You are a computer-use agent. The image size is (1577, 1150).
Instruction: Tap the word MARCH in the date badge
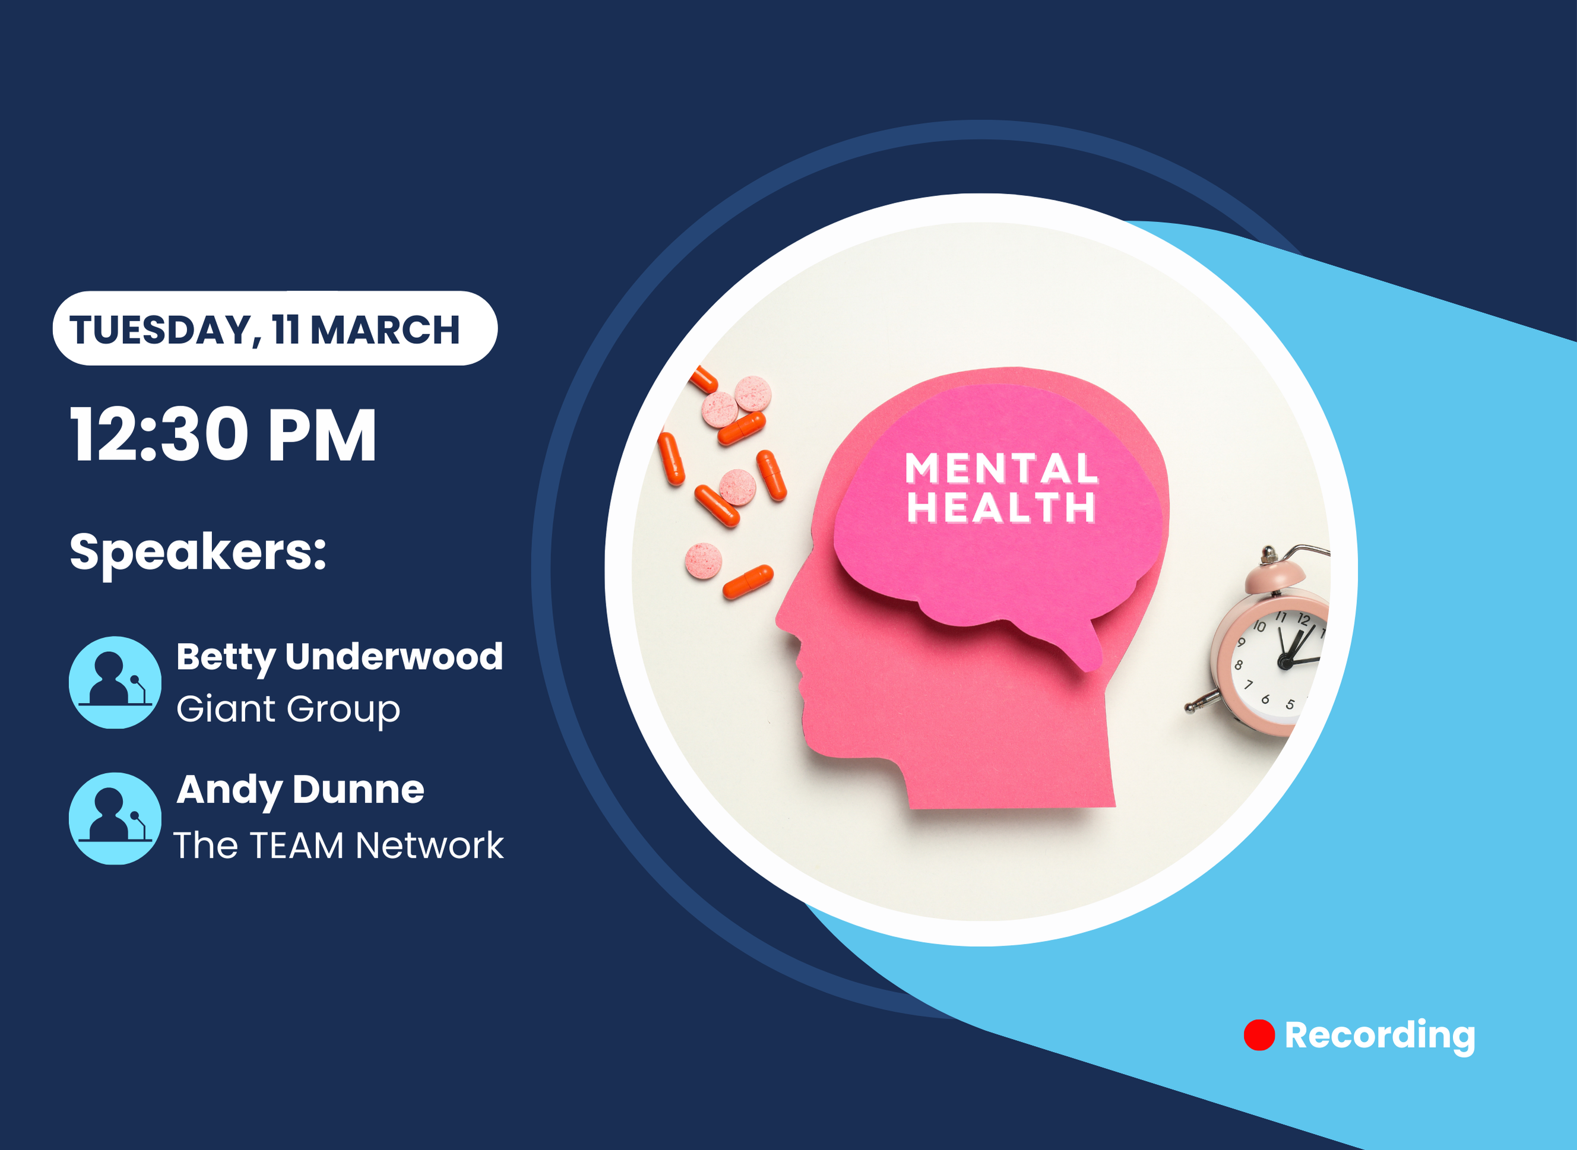(x=385, y=330)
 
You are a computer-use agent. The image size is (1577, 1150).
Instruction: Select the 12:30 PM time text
(x=223, y=435)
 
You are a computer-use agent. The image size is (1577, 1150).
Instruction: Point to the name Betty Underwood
(x=340, y=658)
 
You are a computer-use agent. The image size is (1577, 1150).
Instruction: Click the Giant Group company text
(x=288, y=710)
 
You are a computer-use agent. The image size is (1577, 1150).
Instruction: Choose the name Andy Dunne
(x=300, y=791)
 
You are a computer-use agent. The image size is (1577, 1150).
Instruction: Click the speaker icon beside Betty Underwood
(x=115, y=682)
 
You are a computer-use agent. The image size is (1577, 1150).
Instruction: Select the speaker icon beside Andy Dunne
(x=115, y=819)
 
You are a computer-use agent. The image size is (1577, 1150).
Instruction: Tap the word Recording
(x=1380, y=1036)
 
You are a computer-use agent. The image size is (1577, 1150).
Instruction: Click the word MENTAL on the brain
(x=1002, y=468)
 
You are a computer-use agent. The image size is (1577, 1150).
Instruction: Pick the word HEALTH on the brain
(x=1001, y=507)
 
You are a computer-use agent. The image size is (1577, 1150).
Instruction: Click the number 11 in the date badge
(x=286, y=330)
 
